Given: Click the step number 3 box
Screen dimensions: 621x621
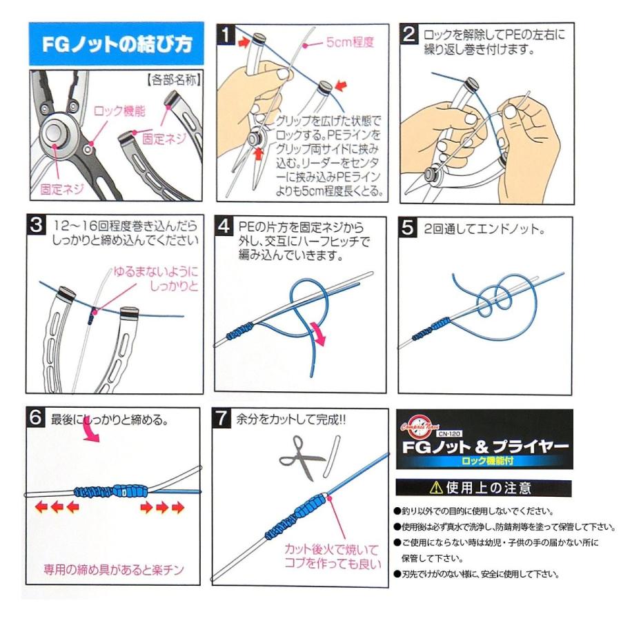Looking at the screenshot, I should [x=36, y=226].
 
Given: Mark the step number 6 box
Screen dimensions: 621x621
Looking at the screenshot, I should [x=36, y=418].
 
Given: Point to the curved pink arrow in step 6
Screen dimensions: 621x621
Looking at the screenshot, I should [x=88, y=433].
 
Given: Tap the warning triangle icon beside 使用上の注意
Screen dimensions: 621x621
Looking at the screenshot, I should [x=436, y=489].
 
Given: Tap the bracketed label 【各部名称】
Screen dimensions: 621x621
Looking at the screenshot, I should [x=173, y=80].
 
